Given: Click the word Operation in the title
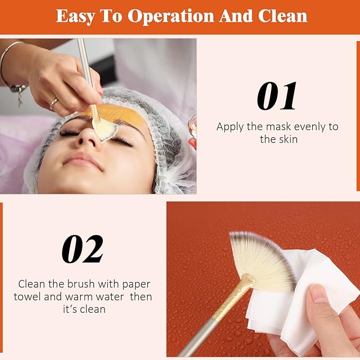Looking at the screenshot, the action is (x=171, y=16).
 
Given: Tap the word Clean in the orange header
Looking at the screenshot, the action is (x=283, y=16).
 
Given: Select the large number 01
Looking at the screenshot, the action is (x=276, y=96).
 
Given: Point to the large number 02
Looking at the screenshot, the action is (x=82, y=249).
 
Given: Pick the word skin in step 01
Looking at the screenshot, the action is (x=288, y=139).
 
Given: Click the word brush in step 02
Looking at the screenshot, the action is (x=81, y=284).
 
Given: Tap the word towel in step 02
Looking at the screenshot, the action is (x=28, y=296).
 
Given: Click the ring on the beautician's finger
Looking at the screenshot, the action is (x=54, y=103).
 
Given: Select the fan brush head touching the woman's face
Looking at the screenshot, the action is (x=104, y=129).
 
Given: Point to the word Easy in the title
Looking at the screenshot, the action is (x=75, y=16).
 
